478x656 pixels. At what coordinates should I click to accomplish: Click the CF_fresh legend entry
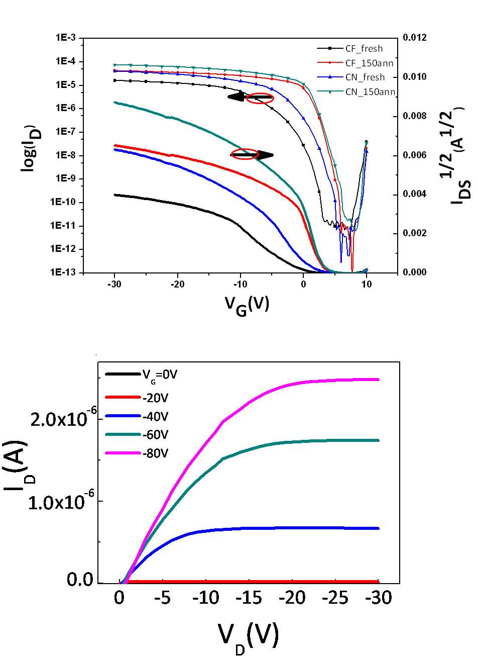click(349, 48)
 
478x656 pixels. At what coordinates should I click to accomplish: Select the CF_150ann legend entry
click(355, 63)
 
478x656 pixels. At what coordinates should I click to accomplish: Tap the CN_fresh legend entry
click(351, 77)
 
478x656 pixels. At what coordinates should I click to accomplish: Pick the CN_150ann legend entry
click(356, 91)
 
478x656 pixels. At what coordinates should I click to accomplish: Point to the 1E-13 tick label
click(63, 272)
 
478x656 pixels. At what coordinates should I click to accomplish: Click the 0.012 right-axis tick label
click(415, 38)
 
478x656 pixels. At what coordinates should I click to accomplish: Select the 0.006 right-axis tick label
click(415, 155)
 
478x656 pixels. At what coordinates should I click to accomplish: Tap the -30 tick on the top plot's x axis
click(114, 284)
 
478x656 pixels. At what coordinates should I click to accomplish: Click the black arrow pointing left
click(250, 97)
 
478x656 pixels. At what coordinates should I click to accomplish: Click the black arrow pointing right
click(253, 155)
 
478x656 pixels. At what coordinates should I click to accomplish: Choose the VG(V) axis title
click(247, 306)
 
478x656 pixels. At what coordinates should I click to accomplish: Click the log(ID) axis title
click(31, 149)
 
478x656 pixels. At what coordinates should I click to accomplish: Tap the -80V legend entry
click(137, 453)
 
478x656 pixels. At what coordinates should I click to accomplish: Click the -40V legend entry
click(137, 416)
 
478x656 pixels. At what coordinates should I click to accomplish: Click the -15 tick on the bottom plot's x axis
click(249, 598)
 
